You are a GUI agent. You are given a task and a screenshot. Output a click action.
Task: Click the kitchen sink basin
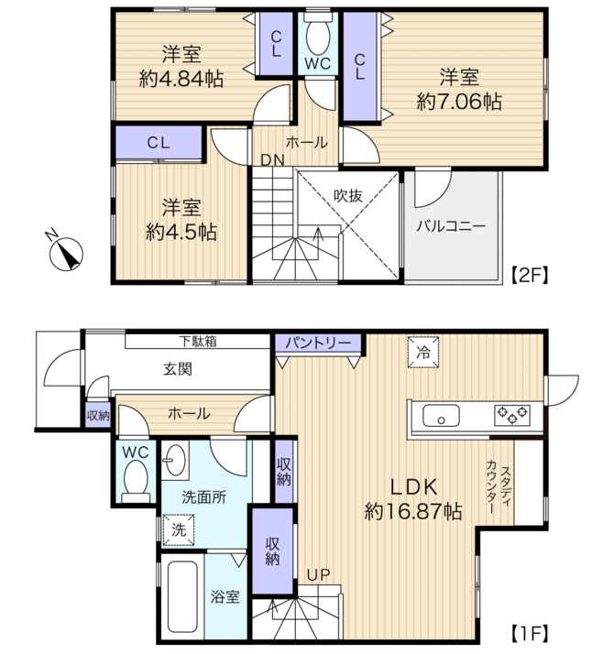pyautogui.click(x=441, y=416)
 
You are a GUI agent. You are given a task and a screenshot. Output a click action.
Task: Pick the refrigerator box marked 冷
pyautogui.click(x=423, y=352)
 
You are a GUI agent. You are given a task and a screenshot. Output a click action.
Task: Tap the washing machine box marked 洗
pyautogui.click(x=179, y=530)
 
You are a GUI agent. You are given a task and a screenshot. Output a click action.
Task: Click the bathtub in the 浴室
pyautogui.click(x=182, y=596)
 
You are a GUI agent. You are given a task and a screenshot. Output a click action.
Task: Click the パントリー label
pyautogui.click(x=318, y=343)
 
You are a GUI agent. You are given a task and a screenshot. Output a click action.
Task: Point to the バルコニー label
pyautogui.click(x=451, y=226)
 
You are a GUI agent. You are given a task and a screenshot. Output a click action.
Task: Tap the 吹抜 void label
pyautogui.click(x=348, y=195)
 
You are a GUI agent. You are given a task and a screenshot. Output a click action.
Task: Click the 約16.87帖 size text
pyautogui.click(x=413, y=511)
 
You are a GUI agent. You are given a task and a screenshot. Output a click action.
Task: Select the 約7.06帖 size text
pyautogui.click(x=459, y=102)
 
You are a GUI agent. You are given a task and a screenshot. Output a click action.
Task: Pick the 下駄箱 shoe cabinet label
pyautogui.click(x=198, y=342)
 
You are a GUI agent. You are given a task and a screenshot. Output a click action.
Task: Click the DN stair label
pyautogui.click(x=273, y=159)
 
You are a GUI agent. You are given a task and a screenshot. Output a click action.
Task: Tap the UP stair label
pyautogui.click(x=318, y=575)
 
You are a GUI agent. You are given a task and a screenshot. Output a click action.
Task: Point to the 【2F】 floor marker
pyautogui.click(x=529, y=275)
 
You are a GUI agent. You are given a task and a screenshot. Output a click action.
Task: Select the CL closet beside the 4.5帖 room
pyautogui.click(x=159, y=143)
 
